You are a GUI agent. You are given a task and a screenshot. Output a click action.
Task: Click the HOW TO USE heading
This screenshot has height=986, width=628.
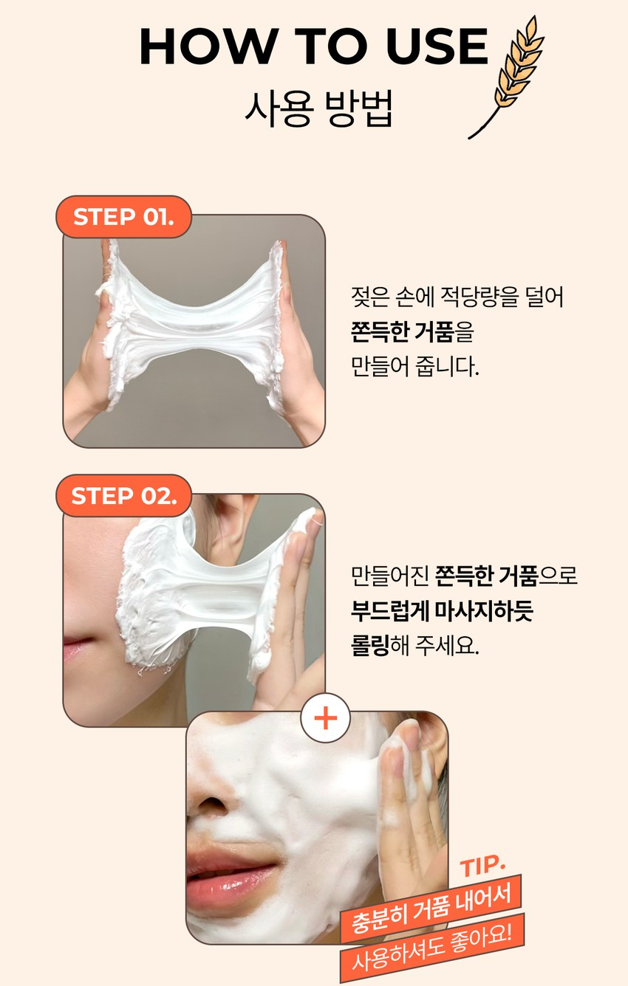[314, 46]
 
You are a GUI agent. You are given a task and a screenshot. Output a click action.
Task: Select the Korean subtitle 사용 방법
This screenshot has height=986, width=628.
[318, 108]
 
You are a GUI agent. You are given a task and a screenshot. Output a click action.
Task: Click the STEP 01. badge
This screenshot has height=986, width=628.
[124, 217]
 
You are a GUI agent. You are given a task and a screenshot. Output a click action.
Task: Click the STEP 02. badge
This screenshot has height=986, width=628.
[124, 496]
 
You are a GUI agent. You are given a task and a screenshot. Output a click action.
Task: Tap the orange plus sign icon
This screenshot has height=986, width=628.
[325, 718]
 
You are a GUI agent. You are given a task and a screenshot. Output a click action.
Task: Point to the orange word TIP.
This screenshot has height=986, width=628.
[482, 865]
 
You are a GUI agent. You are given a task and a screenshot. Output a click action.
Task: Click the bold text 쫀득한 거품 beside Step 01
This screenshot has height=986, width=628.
[402, 332]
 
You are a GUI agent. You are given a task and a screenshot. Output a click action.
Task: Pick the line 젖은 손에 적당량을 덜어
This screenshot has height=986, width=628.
[457, 297]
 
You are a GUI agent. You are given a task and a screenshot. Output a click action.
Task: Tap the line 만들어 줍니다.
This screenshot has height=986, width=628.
[414, 367]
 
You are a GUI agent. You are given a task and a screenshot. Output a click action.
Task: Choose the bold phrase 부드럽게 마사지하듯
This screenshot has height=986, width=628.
[442, 610]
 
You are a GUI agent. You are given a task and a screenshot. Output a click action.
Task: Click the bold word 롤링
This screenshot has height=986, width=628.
[369, 645]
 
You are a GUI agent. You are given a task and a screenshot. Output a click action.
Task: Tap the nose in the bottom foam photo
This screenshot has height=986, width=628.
[210, 800]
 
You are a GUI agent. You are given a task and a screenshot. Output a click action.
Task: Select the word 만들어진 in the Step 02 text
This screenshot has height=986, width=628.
[389, 576]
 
